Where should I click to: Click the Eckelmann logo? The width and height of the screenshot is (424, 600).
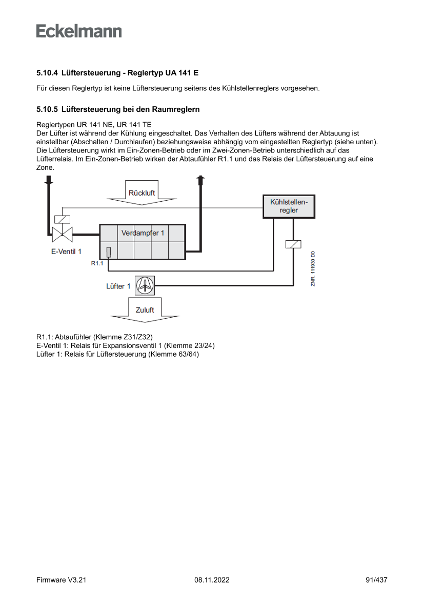click(x=79, y=31)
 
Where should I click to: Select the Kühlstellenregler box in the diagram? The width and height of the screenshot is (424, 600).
click(x=289, y=206)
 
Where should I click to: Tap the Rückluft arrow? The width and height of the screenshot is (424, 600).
click(x=142, y=193)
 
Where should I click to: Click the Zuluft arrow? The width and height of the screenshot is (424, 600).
click(x=145, y=311)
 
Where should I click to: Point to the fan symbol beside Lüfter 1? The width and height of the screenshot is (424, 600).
click(x=145, y=285)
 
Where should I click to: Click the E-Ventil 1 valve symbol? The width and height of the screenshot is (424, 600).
click(x=62, y=235)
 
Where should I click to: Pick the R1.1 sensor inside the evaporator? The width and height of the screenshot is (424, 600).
click(x=109, y=252)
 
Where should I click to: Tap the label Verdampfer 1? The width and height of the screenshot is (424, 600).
click(x=143, y=233)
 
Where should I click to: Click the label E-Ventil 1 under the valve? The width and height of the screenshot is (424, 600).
click(x=66, y=251)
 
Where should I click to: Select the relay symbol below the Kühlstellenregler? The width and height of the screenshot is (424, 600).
click(x=293, y=244)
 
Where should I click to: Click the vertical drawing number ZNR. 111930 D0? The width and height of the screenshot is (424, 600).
click(x=313, y=268)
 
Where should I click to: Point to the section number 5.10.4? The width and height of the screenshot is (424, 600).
click(x=47, y=73)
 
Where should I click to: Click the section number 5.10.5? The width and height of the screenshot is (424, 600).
click(x=47, y=109)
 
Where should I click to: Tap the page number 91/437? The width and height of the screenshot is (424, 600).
click(x=376, y=580)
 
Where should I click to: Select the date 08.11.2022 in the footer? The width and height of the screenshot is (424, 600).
click(x=212, y=580)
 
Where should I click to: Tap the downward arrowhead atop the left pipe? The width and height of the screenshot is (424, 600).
click(x=49, y=180)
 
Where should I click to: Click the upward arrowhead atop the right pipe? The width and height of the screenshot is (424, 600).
click(x=201, y=179)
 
